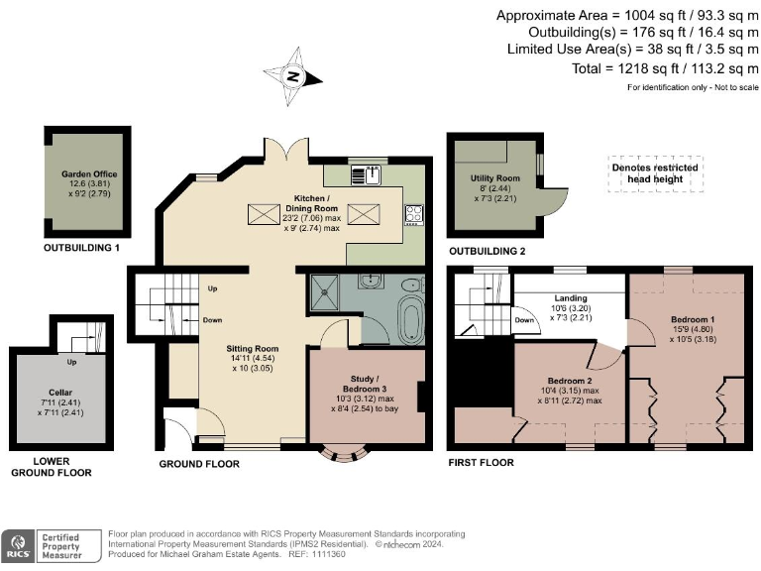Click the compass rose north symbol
tap(293, 76)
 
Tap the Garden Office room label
tap(89, 173)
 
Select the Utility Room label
tap(495, 178)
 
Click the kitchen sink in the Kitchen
tap(366, 174)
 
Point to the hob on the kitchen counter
tap(414, 214)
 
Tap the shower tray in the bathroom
tap(324, 291)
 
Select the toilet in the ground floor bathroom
tap(413, 285)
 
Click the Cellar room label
tap(60, 393)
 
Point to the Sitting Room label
tap(253, 349)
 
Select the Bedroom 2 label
tap(570, 381)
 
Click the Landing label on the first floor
tap(571, 298)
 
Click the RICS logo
tap(18, 546)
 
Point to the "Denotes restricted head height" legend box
tap(655, 173)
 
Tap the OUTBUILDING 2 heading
tap(488, 251)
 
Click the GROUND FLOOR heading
tap(199, 464)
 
